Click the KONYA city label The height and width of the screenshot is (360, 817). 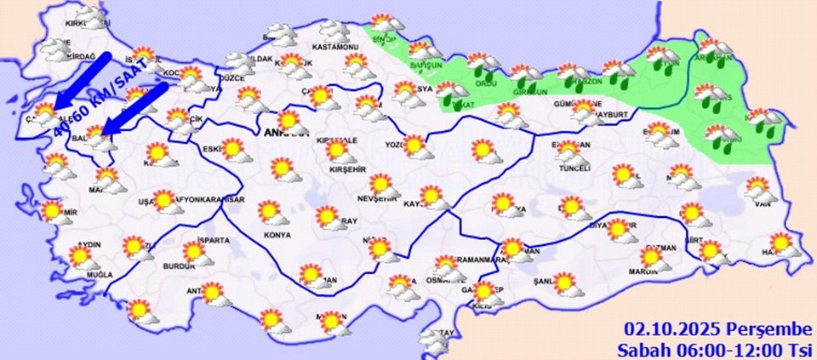point(277,235)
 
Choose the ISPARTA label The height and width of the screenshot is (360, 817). point(213,241)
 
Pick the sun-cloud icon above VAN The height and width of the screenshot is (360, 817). point(760,186)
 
